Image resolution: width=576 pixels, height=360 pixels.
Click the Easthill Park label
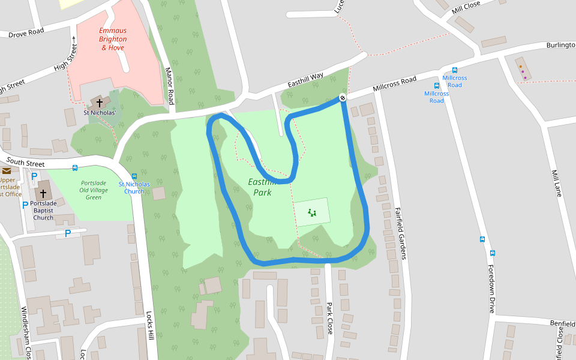(x=262, y=187)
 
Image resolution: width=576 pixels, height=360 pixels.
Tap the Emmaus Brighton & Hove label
(x=112, y=39)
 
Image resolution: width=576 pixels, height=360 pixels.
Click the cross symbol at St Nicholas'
(x=100, y=103)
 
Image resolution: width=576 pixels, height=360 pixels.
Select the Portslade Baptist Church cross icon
(x=43, y=194)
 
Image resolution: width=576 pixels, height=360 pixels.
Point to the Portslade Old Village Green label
(x=94, y=190)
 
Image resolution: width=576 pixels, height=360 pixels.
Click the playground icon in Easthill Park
(x=311, y=212)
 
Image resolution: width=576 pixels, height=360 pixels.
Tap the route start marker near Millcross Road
(x=343, y=98)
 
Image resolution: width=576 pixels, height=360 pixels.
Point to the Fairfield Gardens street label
(x=400, y=233)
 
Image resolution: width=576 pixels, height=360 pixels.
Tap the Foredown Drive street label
(x=491, y=289)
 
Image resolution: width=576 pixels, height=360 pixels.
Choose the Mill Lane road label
(x=556, y=184)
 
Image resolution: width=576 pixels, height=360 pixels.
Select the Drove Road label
(x=26, y=33)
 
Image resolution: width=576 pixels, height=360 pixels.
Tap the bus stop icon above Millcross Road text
(x=455, y=70)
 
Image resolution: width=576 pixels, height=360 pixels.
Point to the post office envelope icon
(x=7, y=171)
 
